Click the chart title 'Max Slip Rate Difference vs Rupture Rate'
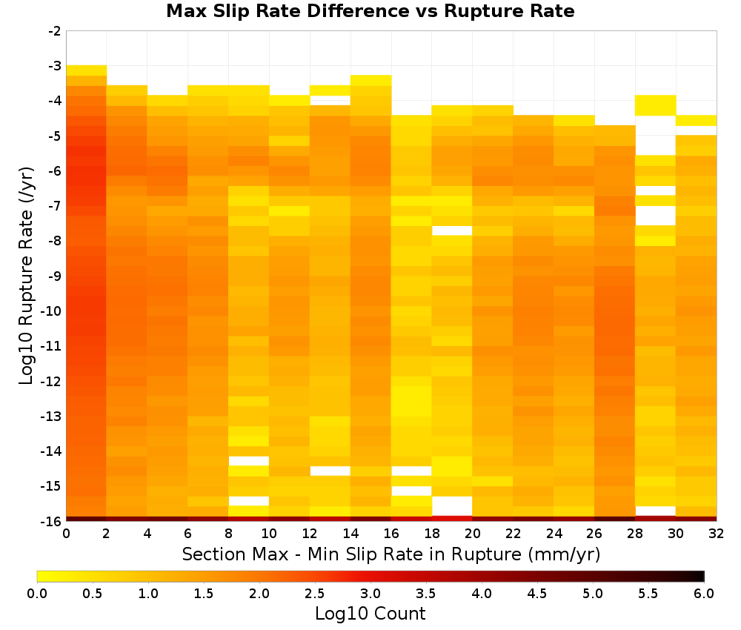tap(370, 11)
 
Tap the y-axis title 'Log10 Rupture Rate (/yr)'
tap(27, 276)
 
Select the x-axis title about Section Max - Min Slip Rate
tap(391, 554)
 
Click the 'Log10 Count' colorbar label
tap(370, 614)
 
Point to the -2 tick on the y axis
tap(55, 31)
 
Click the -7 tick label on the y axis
tap(55, 206)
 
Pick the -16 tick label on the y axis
tap(52, 521)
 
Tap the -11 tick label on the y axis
tap(52, 346)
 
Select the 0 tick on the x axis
tap(66, 534)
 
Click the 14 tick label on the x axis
tap(350, 534)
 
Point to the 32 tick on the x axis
tap(717, 534)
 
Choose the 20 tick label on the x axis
tap(472, 534)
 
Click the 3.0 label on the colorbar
tap(370, 593)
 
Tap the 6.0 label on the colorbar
tap(704, 593)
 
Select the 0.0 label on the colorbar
tap(37, 593)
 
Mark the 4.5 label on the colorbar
tap(536, 593)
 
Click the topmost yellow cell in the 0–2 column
tap(87, 70)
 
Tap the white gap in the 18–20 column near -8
tap(452, 231)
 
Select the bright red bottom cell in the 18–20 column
tap(452, 519)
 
